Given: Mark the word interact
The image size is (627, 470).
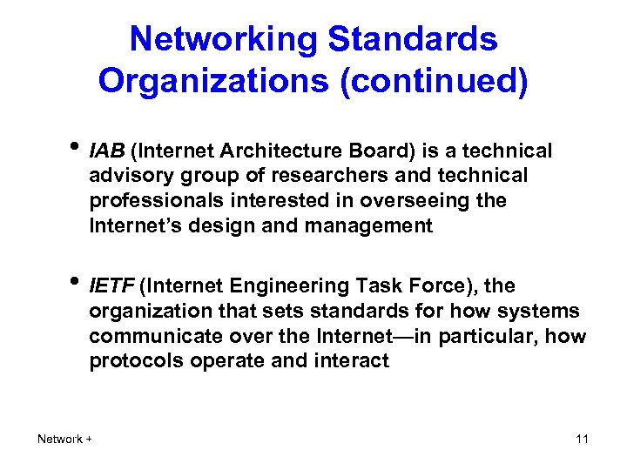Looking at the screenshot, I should pyautogui.click(x=354, y=361).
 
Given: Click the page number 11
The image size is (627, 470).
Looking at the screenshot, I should pyautogui.click(x=582, y=439).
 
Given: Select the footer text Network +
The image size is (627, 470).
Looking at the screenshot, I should pyautogui.click(x=65, y=439).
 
